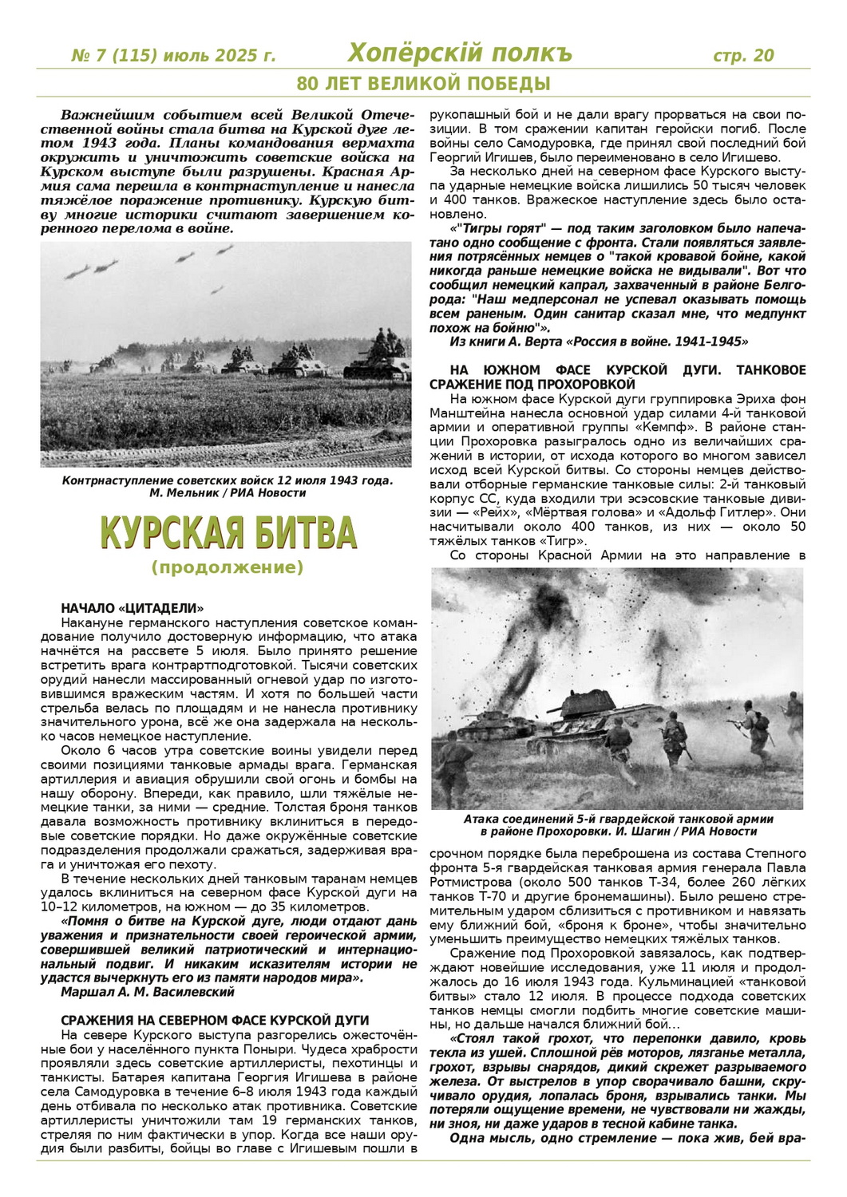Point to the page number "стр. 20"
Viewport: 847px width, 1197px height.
click(x=742, y=56)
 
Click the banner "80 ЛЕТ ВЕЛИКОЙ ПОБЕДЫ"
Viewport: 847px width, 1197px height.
click(x=423, y=83)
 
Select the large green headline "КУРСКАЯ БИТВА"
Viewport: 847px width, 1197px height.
click(x=228, y=532)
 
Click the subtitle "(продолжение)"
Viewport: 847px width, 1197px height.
click(x=228, y=568)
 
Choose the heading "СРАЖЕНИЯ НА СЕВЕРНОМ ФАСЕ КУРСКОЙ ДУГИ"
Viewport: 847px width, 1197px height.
click(x=215, y=1021)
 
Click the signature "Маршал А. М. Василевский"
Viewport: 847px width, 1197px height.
click(x=148, y=992)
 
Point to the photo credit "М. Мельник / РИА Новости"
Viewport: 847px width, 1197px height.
click(x=228, y=493)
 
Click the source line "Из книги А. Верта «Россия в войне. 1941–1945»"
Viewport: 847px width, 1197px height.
click(x=600, y=342)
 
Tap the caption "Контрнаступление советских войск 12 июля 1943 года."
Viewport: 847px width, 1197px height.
click(x=228, y=480)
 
